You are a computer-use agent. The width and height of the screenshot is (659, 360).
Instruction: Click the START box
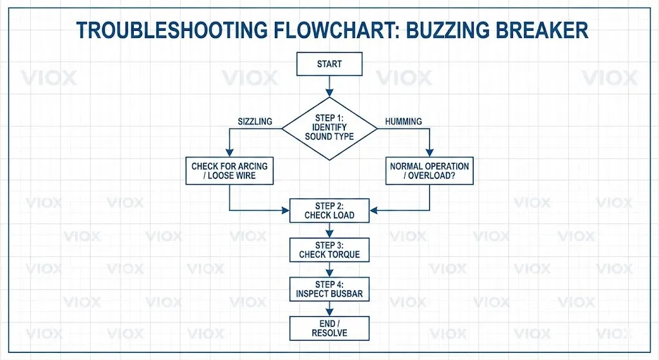click(x=329, y=64)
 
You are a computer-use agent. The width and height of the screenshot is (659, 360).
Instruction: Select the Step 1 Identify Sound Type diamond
click(x=329, y=128)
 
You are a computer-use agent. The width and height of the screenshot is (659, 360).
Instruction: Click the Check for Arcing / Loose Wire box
click(x=229, y=171)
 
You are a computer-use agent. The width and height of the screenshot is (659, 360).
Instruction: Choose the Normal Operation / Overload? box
click(x=429, y=171)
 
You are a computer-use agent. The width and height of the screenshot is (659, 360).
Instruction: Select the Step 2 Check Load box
click(x=329, y=211)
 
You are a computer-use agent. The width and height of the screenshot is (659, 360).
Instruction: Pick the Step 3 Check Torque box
click(x=329, y=250)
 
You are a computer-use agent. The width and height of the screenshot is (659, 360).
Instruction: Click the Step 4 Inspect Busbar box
click(x=329, y=289)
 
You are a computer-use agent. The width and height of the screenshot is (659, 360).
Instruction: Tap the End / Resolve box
click(x=329, y=328)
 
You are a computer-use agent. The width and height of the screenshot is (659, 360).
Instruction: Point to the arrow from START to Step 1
click(x=329, y=86)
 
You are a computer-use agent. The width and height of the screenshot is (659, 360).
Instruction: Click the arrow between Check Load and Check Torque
click(x=329, y=231)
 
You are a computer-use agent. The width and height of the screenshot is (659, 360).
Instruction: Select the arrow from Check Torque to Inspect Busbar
click(x=329, y=270)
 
